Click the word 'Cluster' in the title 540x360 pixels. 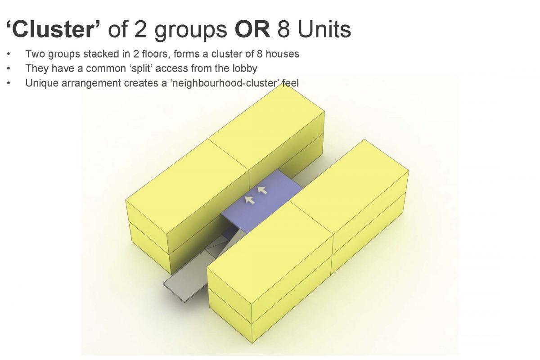tap(53, 29)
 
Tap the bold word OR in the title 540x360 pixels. tap(252, 29)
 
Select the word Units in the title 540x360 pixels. tap(324, 29)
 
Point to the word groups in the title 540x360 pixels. tap(190, 31)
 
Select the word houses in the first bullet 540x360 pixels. tap(282, 54)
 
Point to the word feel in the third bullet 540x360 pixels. tap(291, 83)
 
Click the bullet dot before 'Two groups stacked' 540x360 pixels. tap(9, 54)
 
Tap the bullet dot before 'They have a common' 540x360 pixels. tap(9, 68)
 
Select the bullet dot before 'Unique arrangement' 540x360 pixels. tap(9, 83)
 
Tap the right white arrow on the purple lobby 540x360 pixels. tap(262, 190)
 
